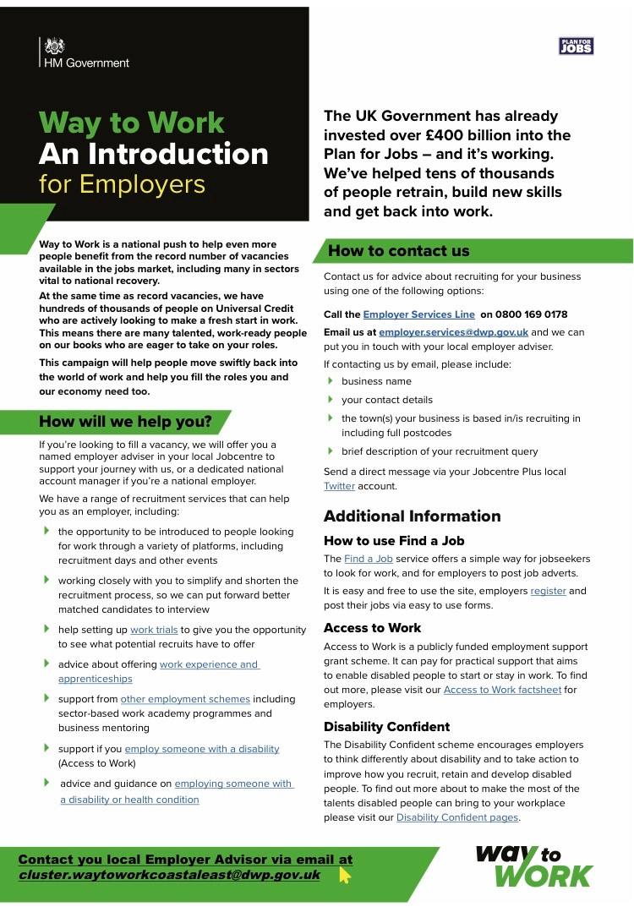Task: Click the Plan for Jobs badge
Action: click(577, 46)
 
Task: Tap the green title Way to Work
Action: click(132, 123)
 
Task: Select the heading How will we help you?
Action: click(125, 421)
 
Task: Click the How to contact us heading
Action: click(398, 250)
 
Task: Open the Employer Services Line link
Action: click(407, 314)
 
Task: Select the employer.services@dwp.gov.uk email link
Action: click(453, 332)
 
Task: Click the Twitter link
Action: click(339, 486)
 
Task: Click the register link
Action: click(548, 591)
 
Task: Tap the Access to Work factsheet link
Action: click(502, 690)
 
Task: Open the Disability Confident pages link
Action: click(457, 817)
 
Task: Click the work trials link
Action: click(154, 630)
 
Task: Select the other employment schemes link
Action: click(185, 699)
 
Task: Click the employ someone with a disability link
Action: click(201, 749)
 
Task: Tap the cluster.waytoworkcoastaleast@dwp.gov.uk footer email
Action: click(169, 875)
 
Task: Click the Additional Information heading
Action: click(412, 516)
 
